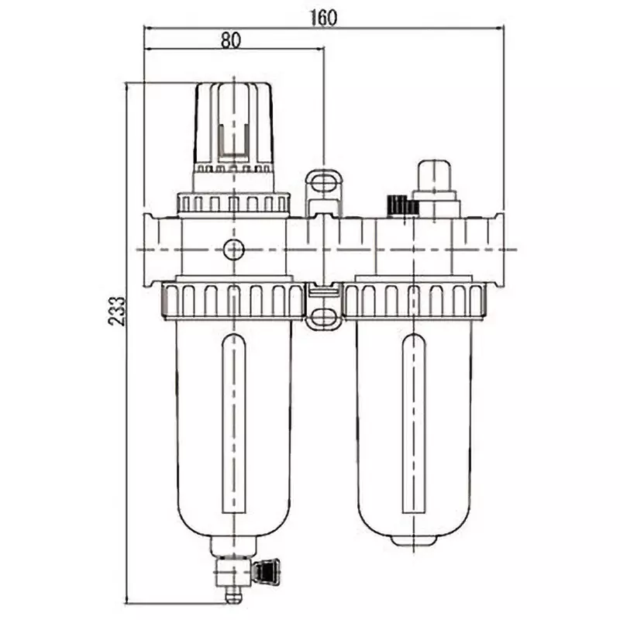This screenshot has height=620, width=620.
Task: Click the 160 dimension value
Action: pyautogui.click(x=324, y=17)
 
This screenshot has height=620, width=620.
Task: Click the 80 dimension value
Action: pyautogui.click(x=230, y=41)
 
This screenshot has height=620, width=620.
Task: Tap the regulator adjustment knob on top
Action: pyautogui.click(x=232, y=124)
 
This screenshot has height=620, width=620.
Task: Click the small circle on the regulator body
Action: pyautogui.click(x=232, y=250)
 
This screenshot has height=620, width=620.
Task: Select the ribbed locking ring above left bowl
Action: pyautogui.click(x=232, y=300)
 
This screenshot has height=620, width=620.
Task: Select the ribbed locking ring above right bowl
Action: pyautogui.click(x=415, y=300)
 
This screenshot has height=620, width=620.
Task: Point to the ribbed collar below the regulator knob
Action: pyautogui.click(x=232, y=204)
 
